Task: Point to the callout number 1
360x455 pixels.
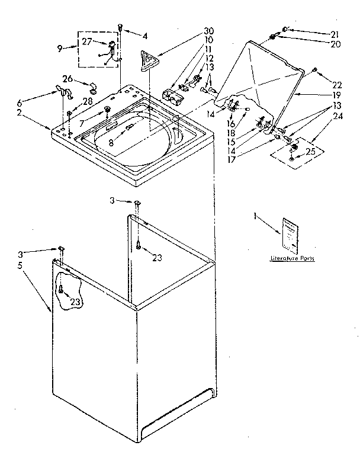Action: (x=256, y=217)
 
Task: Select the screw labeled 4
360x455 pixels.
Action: (x=121, y=27)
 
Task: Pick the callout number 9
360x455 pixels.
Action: (x=59, y=49)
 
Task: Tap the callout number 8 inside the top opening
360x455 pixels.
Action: (x=111, y=143)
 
